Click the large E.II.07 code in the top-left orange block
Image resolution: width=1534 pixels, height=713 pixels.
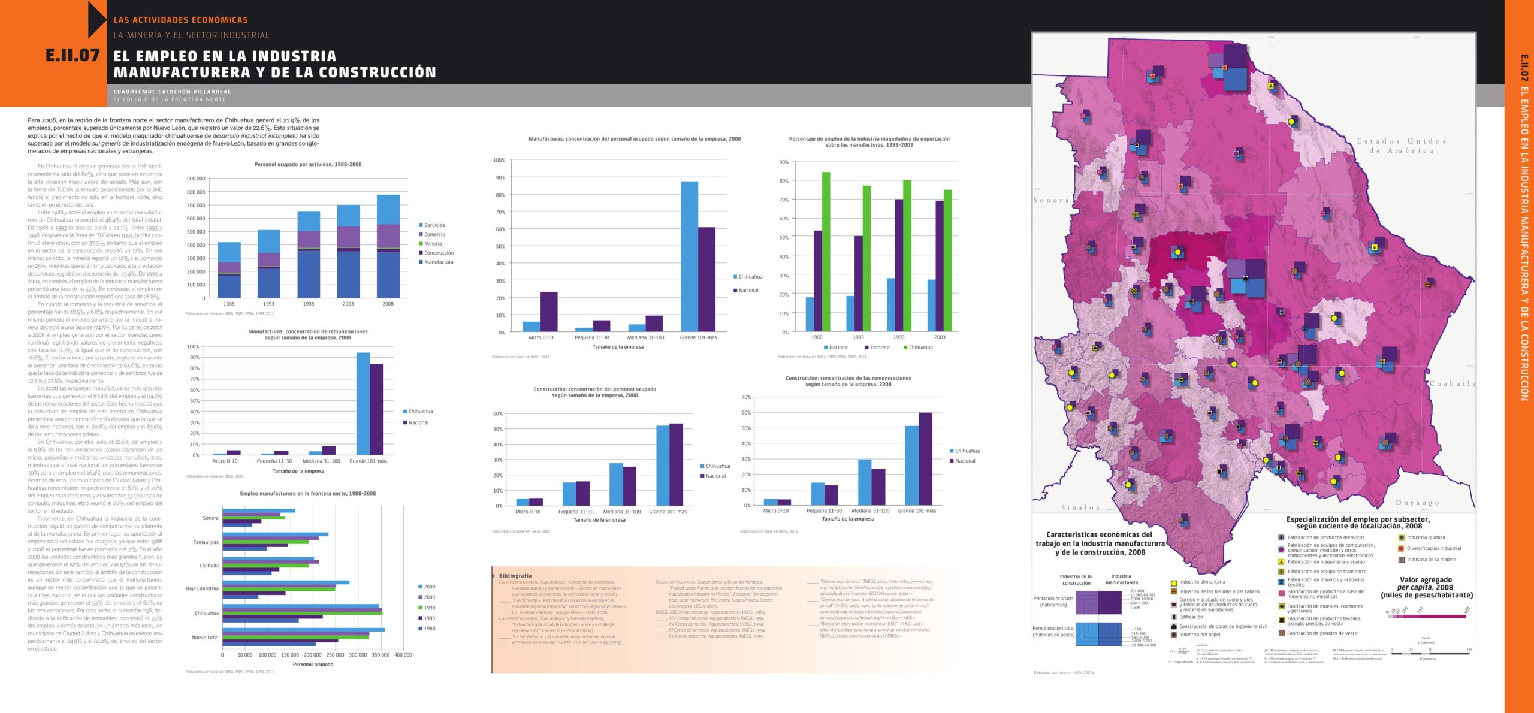[73, 56]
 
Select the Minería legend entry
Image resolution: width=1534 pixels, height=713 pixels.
[433, 244]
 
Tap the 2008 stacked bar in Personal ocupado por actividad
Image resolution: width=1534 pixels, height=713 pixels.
[388, 246]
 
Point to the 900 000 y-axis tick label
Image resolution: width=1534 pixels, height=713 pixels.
[196, 179]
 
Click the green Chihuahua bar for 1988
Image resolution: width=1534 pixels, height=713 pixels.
[826, 252]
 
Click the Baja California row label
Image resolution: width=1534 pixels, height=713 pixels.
[202, 588]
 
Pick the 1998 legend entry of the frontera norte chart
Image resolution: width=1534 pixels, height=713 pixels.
[429, 608]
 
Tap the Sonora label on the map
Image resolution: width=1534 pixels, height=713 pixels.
[1051, 200]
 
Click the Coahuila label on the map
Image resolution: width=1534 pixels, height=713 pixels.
[1453, 383]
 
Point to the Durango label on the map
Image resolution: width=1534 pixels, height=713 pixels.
[1417, 503]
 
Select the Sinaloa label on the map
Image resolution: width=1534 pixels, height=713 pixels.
[1080, 507]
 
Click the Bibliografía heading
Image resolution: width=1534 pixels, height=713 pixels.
[515, 576]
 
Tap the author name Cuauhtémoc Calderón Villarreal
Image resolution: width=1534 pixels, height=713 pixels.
[172, 92]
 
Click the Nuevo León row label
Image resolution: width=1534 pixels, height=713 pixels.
[205, 638]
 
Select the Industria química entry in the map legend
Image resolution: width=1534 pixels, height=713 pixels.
[1426, 537]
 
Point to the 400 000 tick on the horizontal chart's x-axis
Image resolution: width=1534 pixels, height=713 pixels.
[403, 655]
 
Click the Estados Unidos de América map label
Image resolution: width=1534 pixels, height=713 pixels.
[1401, 146]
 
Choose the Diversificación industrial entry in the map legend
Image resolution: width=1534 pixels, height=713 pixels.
[1433, 548]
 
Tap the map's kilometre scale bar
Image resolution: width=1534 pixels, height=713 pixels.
[1430, 654]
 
